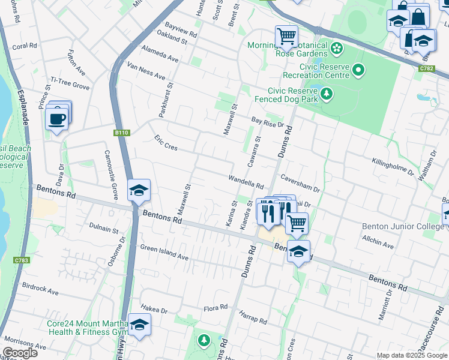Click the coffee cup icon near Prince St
point(56,119)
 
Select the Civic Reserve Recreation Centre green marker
point(359,71)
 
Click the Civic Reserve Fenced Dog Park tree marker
point(326,94)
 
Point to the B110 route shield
point(122,133)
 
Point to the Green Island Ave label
point(164,253)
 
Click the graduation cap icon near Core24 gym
point(139,325)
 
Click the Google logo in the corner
point(20,353)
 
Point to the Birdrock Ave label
point(40,289)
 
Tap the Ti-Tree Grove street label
point(70,83)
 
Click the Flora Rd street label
point(215,307)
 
